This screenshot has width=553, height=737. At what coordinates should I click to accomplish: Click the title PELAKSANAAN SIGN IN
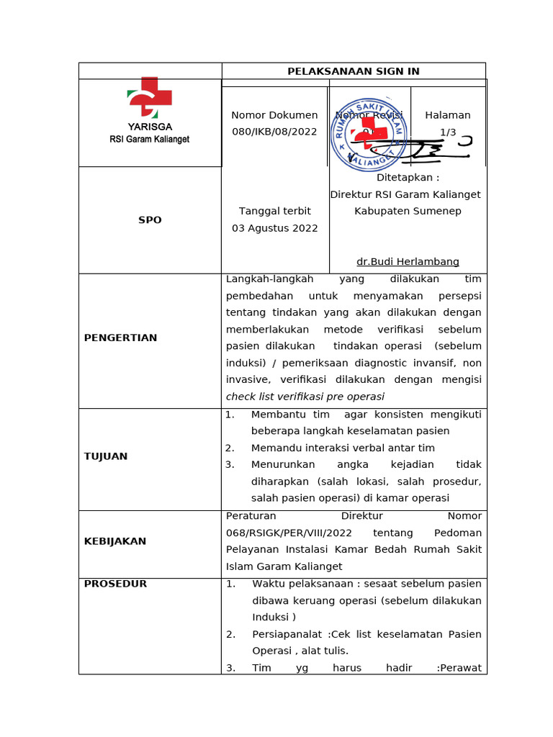[x=354, y=71]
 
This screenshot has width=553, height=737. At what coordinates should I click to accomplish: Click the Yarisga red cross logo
[x=150, y=97]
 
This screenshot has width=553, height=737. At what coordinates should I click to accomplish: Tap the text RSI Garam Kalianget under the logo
[x=150, y=140]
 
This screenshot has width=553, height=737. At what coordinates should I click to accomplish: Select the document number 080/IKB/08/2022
[x=274, y=132]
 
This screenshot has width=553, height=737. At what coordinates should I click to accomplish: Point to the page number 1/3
[x=448, y=132]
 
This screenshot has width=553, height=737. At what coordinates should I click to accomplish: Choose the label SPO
[x=150, y=220]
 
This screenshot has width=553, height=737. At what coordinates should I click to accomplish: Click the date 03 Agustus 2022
[x=274, y=228]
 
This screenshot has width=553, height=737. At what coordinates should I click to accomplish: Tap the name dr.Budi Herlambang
[x=408, y=261]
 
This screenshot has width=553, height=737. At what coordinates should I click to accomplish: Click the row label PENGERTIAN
[x=120, y=338]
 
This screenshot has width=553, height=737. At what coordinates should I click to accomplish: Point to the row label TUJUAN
[x=106, y=456]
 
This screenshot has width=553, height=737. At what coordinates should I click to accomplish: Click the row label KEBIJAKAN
[x=115, y=541]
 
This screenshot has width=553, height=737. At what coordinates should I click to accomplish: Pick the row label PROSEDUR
[x=115, y=584]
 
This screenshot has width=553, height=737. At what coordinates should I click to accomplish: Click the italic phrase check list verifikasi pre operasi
[x=305, y=397]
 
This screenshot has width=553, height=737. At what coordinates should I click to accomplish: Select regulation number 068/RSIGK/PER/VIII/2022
[x=289, y=533]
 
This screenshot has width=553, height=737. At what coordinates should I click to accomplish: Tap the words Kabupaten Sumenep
[x=408, y=211]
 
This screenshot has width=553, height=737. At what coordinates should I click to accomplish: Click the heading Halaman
[x=448, y=115]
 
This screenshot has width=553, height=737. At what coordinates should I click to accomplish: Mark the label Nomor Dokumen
[x=274, y=115]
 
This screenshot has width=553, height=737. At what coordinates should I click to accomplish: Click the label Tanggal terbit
[x=274, y=211]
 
